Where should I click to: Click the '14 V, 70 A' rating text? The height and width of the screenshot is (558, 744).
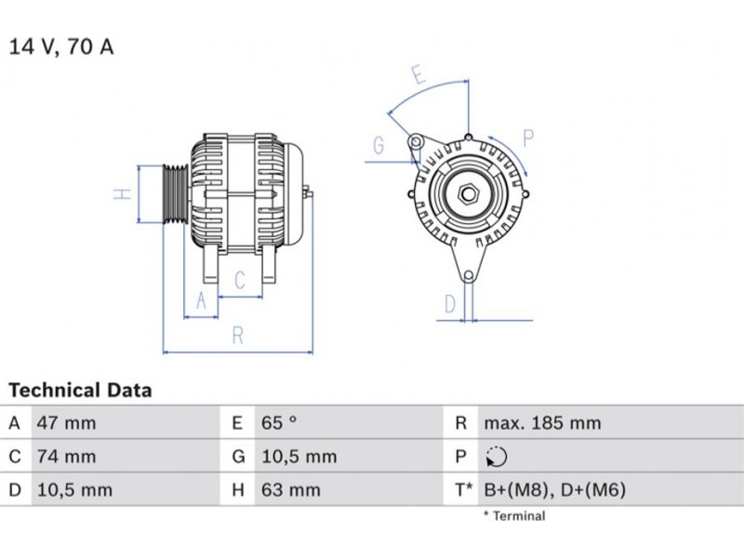pos(61,47)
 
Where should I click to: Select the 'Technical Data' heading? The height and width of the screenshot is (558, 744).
pos(80,390)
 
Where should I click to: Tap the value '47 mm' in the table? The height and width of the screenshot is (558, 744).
pos(66,423)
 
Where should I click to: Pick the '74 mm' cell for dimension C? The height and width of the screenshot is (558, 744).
pos(66,457)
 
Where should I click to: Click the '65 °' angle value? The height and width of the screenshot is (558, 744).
pos(279,423)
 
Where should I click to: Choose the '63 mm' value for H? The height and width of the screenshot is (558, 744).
pos(291,490)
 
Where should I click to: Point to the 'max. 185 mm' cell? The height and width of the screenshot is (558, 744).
pos(542,423)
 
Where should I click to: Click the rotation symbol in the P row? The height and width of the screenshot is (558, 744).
pos(497,457)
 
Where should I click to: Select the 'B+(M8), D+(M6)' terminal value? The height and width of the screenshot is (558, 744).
pos(554,490)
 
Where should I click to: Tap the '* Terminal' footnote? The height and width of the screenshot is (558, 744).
pos(514,516)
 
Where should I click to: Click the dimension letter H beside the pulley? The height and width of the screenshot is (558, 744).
pos(123,193)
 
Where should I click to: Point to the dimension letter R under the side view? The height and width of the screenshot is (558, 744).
pos(238,336)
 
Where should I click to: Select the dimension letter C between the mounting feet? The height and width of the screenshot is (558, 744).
pos(240,280)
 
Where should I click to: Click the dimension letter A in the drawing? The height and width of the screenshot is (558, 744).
pos(201,300)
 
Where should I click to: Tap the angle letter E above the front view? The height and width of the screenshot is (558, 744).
pos(418,74)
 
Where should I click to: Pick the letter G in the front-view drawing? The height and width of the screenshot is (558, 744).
pos(379,145)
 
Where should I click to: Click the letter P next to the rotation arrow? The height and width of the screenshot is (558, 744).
pos(528,138)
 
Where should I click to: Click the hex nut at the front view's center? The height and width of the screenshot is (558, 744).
pos(469,194)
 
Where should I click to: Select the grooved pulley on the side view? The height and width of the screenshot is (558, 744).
pos(176,193)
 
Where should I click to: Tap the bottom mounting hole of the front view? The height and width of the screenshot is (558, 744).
pos(469,275)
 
